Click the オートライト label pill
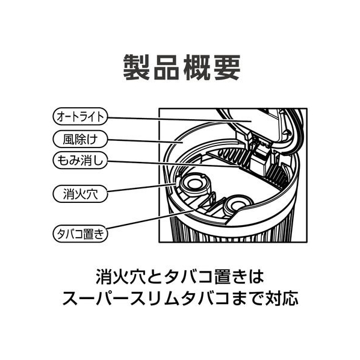pyautogui.click(x=80, y=116)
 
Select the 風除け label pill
pyautogui.click(x=80, y=139)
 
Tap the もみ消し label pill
pyautogui.click(x=80, y=161)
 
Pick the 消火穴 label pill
pyautogui.click(x=80, y=194)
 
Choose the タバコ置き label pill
pyautogui.click(x=80, y=234)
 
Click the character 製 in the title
pyautogui.click(x=137, y=67)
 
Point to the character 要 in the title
pyautogui.click(x=226, y=67)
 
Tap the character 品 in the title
pyautogui.click(x=167, y=67)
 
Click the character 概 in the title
pyautogui.click(x=197, y=67)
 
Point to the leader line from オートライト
pyautogui.click(x=180, y=119)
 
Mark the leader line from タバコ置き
pyautogui.click(x=151, y=219)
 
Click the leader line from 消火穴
pyautogui.click(x=142, y=187)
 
